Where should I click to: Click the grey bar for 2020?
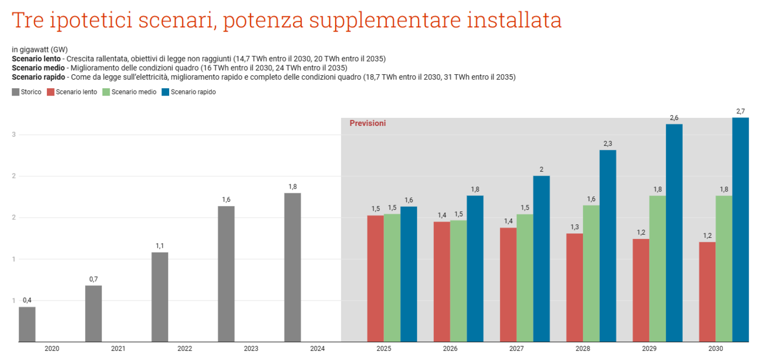(27, 325)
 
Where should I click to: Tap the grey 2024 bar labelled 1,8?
(293, 267)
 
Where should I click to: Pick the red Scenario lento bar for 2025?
(375, 279)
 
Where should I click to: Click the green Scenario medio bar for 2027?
(525, 278)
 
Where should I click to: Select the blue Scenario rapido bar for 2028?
(608, 246)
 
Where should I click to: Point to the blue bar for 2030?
(741, 230)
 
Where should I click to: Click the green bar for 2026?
(458, 281)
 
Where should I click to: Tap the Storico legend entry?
(27, 92)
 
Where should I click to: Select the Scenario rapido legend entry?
(189, 92)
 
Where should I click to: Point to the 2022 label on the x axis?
(184, 349)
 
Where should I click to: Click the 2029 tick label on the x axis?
(649, 349)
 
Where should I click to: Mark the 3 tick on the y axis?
(14, 135)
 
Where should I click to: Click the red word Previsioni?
(367, 123)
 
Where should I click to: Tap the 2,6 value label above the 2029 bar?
(674, 118)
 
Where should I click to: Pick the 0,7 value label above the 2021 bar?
(93, 279)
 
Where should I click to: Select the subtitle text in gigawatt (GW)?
(39, 50)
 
